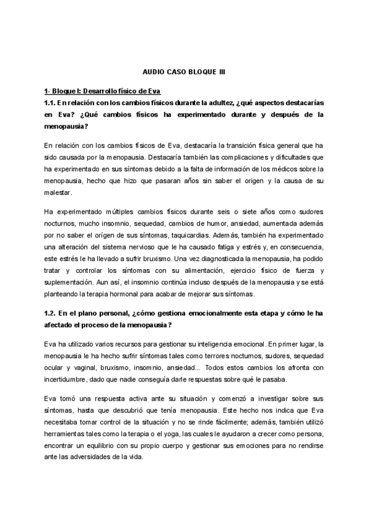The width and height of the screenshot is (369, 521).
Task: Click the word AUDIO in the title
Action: (147, 72)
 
